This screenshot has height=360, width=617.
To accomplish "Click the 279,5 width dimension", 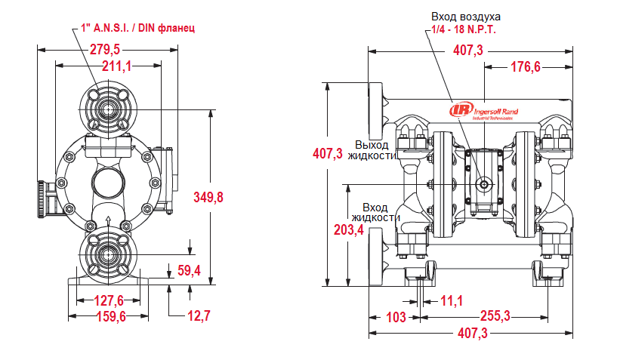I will tap(105, 49).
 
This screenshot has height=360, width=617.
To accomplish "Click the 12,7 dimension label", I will tap(198, 315).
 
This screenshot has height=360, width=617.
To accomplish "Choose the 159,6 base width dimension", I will tap(110, 316).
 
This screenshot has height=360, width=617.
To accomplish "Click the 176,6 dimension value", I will tap(526, 67).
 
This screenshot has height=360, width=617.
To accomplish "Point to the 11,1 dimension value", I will tap(451, 301).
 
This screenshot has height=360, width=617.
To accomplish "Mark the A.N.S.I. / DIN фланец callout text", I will tap(138, 28).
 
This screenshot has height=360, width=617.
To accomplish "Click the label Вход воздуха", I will tap(466, 16).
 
